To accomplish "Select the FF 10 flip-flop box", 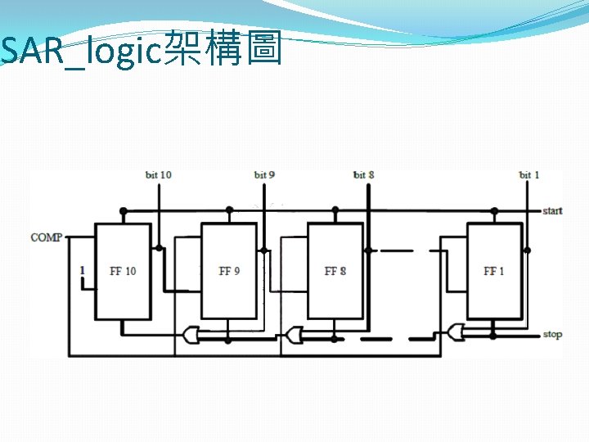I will tap(123, 271).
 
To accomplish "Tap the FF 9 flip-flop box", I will tap(229, 271).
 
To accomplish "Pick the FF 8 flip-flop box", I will tap(335, 271).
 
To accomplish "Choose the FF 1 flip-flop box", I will tap(494, 271).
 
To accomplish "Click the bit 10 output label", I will tap(159, 174).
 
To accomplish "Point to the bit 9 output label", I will tap(264, 174).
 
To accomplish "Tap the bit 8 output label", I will tap(364, 174).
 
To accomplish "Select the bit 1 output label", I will tap(529, 174).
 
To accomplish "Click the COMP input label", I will tap(46, 237).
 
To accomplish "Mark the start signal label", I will tap(552, 211).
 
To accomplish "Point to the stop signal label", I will tap(552, 335).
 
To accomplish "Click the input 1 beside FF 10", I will tap(83, 270).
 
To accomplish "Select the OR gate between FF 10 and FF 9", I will tap(192, 335).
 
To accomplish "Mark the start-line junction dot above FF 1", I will tap(494, 211).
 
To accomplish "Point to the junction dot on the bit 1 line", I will tap(527, 250).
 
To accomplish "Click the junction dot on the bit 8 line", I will tap(368, 250).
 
